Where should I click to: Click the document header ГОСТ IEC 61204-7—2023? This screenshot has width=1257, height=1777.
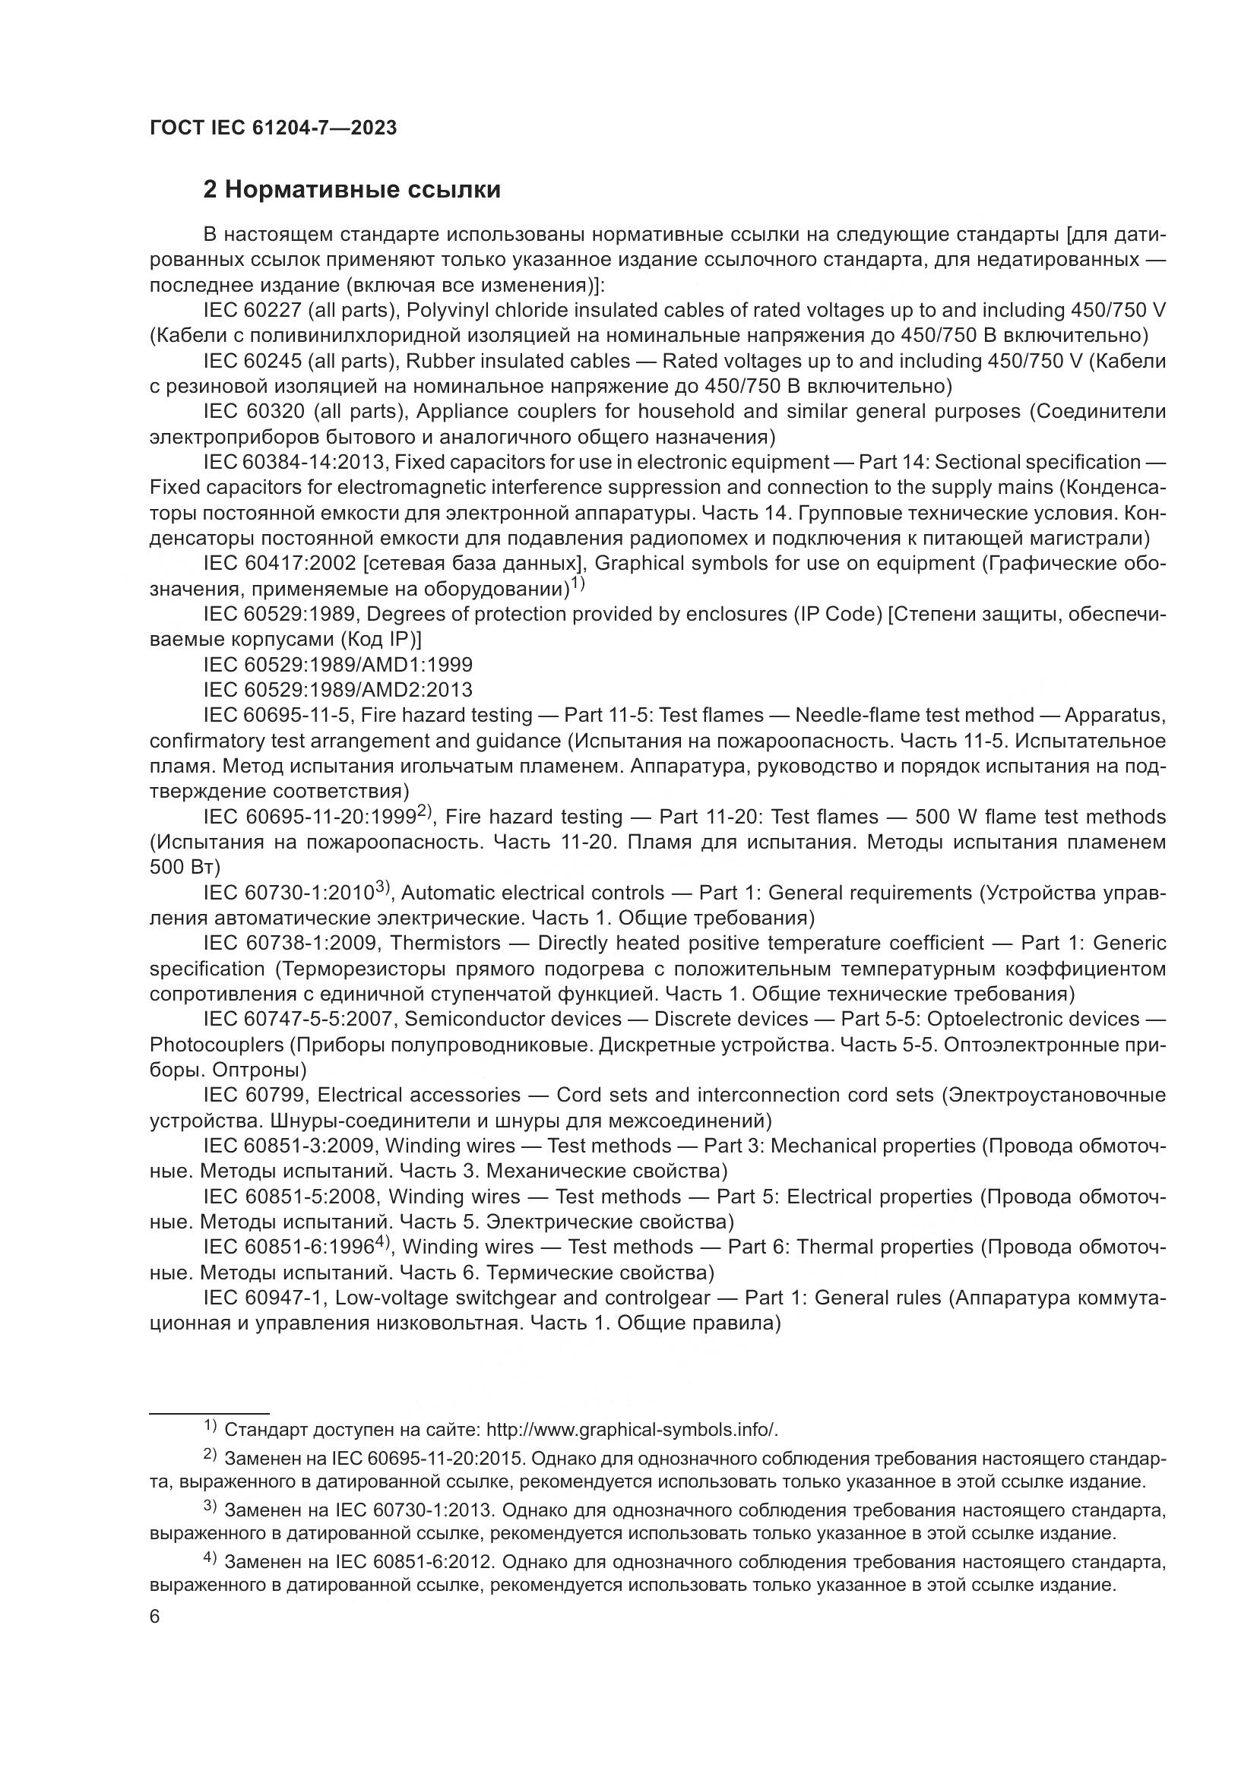coord(274,128)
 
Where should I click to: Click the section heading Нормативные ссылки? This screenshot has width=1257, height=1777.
coord(351,190)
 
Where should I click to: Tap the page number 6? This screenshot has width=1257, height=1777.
coord(155,1617)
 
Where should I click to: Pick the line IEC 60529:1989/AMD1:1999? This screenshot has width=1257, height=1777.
coord(337,665)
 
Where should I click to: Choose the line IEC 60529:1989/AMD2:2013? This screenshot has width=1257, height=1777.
coord(337,690)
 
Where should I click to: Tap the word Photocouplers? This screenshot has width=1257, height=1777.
coord(217,1045)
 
